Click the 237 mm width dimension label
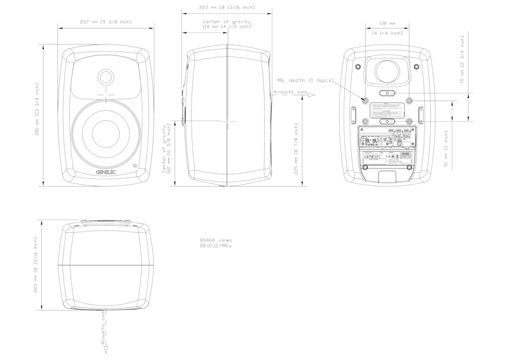coord(106,22)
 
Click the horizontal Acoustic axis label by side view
coord(289,93)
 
